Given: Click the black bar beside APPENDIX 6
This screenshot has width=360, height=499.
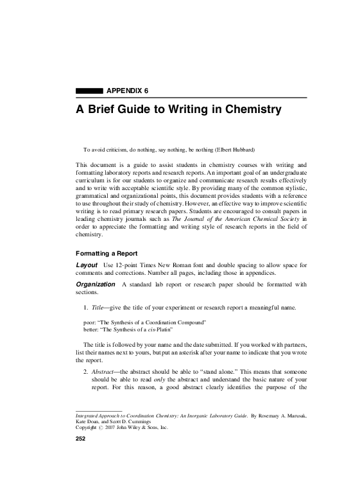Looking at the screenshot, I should [x=89, y=91].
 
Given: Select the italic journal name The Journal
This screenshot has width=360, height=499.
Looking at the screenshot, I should [x=191, y=218].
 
